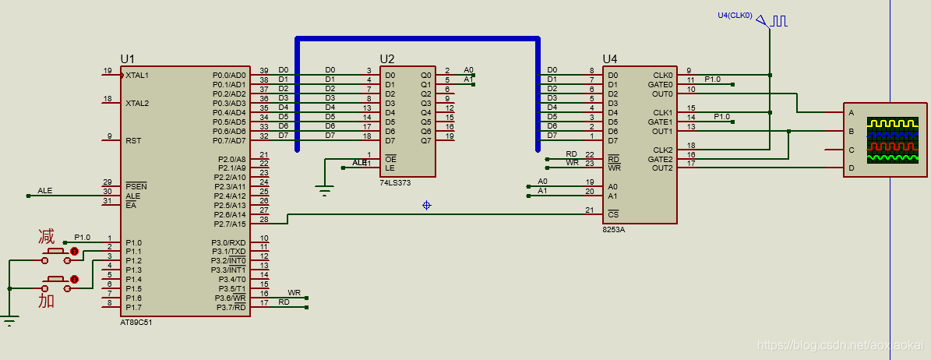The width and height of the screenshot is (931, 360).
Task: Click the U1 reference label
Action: click(128, 58)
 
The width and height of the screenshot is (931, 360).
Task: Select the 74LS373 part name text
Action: click(396, 183)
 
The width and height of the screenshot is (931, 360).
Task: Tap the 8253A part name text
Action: click(614, 229)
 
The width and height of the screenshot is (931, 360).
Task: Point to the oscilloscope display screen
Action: click(895, 140)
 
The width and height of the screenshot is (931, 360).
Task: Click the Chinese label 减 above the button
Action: click(46, 236)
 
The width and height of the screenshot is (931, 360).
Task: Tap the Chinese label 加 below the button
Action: click(46, 301)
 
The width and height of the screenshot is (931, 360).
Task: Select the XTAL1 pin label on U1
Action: click(137, 76)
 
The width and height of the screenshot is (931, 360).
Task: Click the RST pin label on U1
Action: click(133, 141)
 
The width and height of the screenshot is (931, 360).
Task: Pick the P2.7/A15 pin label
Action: click(229, 224)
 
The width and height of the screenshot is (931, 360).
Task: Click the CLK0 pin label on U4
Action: click(663, 76)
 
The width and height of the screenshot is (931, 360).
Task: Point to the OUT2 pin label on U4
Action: click(663, 168)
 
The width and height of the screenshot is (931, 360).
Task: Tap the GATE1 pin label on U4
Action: click(662, 122)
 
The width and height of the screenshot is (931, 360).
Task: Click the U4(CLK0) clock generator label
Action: click(735, 16)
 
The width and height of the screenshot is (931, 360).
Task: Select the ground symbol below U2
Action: click(324, 191)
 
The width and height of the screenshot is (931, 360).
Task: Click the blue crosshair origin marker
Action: click(426, 206)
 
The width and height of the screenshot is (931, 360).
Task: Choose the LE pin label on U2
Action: click(390, 168)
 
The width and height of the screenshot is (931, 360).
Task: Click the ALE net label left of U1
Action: click(45, 191)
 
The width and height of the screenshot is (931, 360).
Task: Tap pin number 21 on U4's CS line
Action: click(590, 210)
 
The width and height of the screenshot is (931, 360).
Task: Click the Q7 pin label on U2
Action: click(425, 141)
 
